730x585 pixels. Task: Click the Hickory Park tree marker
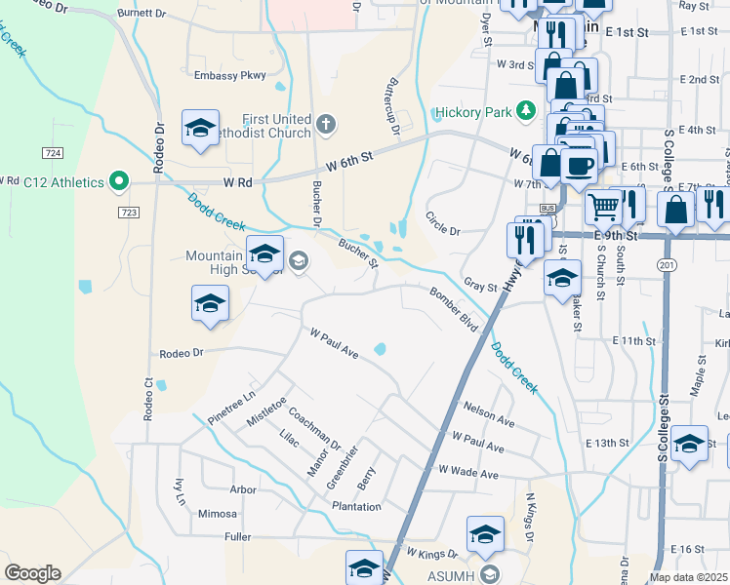click(527, 110)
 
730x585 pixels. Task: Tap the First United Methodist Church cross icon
click(325, 125)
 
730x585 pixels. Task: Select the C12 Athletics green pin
click(119, 180)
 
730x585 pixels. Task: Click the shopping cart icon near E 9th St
click(604, 205)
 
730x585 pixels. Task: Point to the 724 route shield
click(53, 153)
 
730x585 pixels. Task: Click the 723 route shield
click(129, 213)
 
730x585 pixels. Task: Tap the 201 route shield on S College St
click(667, 264)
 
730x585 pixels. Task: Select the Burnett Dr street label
click(142, 14)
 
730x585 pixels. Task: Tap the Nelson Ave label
click(489, 413)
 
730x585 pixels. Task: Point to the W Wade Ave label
click(468, 474)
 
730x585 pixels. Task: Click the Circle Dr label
click(442, 222)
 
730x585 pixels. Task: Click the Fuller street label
click(237, 536)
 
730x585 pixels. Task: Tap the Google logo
click(32, 573)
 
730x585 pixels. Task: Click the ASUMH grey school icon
click(489, 572)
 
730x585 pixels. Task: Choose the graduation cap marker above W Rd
click(200, 129)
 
